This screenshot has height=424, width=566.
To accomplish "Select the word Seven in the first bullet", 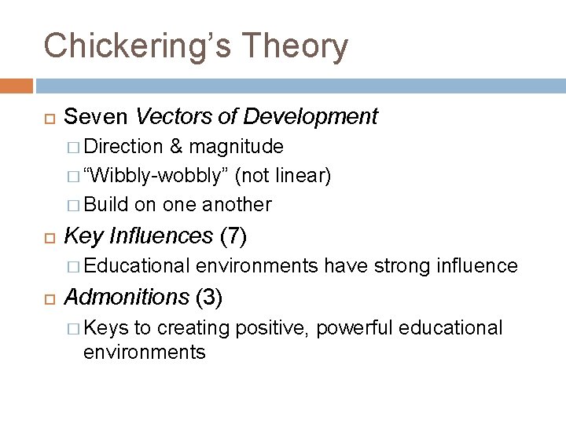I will (97, 118).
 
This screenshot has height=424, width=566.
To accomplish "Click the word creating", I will (186, 327).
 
